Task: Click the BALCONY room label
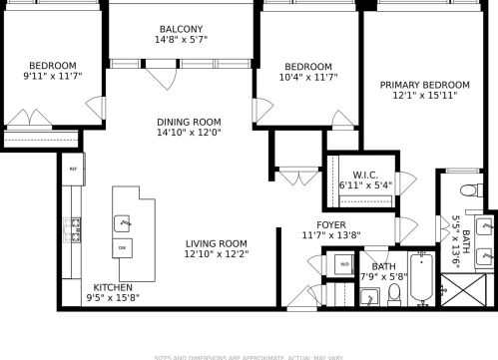pyautogui.click(x=182, y=28)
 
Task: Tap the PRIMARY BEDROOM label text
pyautogui.click(x=424, y=85)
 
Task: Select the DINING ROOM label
pyautogui.click(x=188, y=123)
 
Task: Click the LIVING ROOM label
pyautogui.click(x=216, y=243)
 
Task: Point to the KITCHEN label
pyautogui.click(x=113, y=286)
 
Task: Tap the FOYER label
pyautogui.click(x=331, y=224)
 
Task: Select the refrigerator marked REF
pyautogui.click(x=73, y=170)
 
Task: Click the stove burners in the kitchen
pyautogui.click(x=73, y=228)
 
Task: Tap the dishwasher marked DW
pyautogui.click(x=123, y=246)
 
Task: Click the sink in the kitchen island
pyautogui.click(x=123, y=221)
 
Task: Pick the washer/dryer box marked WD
pyautogui.click(x=344, y=264)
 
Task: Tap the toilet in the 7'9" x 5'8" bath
pyautogui.click(x=394, y=293)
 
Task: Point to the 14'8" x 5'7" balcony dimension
pyautogui.click(x=182, y=41)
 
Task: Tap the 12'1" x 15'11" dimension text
pyautogui.click(x=424, y=97)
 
